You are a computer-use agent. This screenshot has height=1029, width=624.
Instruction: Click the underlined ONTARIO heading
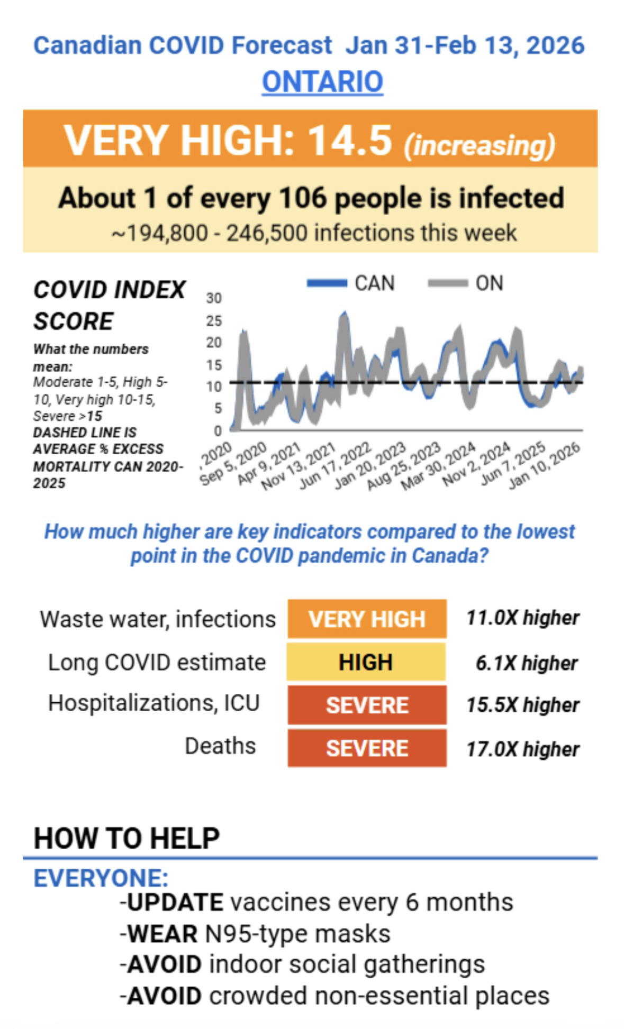pyautogui.click(x=322, y=82)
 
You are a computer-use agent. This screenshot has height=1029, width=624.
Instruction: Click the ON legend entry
pyautogui.click(x=466, y=283)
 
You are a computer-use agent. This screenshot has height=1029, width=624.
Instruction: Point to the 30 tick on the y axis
pyautogui.click(x=214, y=298)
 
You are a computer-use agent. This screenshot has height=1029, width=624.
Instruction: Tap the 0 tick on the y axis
pyautogui.click(x=218, y=431)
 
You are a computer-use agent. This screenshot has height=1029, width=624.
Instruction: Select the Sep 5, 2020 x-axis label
pyautogui.click(x=233, y=464)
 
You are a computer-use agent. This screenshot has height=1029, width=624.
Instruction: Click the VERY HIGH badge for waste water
pyautogui.click(x=367, y=619)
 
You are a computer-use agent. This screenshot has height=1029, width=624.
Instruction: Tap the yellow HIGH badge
pyautogui.click(x=366, y=662)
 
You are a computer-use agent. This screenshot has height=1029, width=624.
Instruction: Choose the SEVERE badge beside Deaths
pyautogui.click(x=367, y=748)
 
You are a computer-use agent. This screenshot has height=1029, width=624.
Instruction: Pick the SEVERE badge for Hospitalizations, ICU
pyautogui.click(x=367, y=705)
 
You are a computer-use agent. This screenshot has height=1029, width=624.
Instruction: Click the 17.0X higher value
pyautogui.click(x=522, y=749)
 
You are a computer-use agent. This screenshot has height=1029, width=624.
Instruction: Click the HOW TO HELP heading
pyautogui.click(x=126, y=838)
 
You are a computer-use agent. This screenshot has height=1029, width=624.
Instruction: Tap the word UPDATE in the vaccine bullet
pyautogui.click(x=175, y=902)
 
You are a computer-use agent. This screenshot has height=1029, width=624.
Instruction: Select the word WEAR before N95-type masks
pyautogui.click(x=163, y=933)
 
